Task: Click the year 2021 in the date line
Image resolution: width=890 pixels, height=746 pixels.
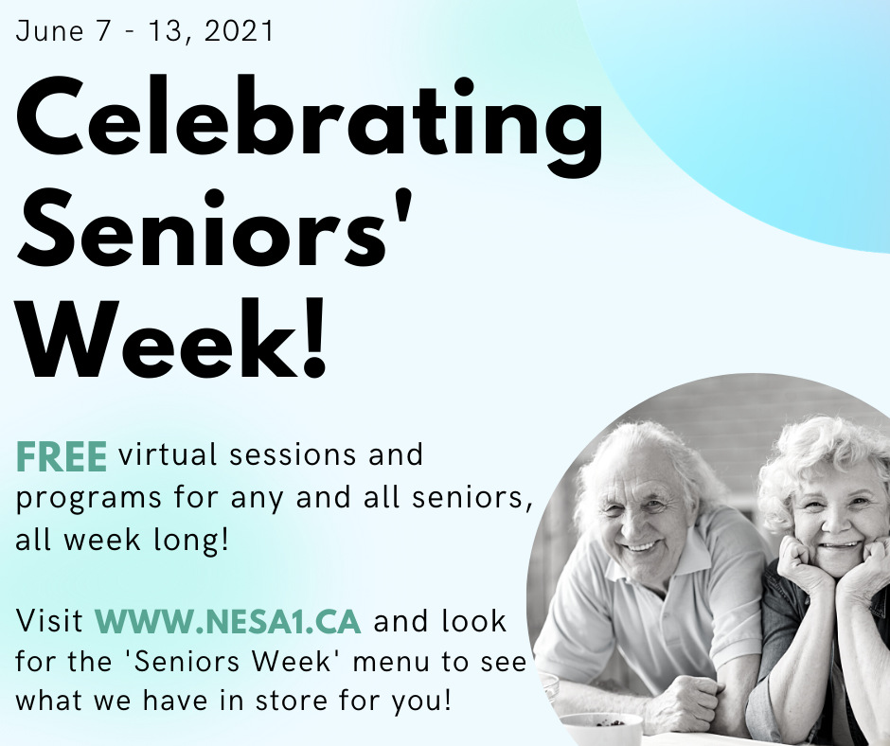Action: [239, 30]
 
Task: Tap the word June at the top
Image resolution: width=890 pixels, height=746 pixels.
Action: [49, 30]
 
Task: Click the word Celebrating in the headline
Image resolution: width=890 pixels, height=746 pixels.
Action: [310, 120]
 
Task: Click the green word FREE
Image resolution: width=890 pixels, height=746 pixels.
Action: [62, 456]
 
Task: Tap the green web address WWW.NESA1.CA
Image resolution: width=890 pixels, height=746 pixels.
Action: [227, 621]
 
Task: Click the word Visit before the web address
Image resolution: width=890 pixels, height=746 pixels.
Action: [49, 620]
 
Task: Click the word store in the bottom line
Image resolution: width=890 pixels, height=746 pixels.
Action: [292, 701]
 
